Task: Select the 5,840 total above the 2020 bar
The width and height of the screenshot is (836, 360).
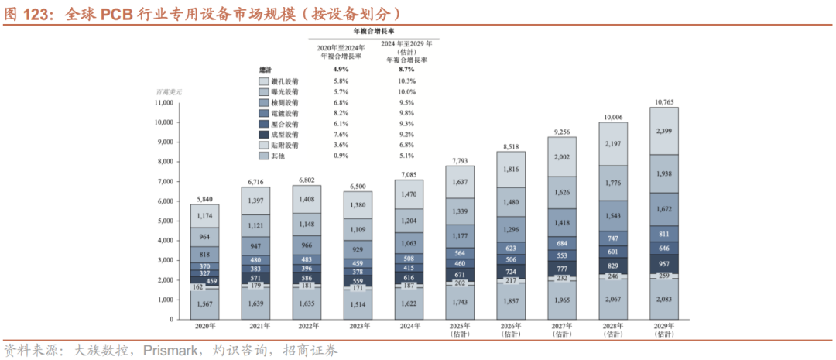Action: coord(205,199)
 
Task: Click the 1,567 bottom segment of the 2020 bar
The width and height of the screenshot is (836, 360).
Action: coord(205,304)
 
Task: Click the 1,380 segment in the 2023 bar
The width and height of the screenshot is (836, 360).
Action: coord(358,205)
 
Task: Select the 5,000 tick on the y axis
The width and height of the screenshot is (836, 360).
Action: coord(165,221)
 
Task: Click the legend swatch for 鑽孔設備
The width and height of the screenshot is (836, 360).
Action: coord(263,81)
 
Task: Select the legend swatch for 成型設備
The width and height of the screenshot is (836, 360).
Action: coord(263,135)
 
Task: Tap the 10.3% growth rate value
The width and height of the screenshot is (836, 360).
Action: coord(406,81)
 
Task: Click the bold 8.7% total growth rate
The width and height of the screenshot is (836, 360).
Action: coord(406,70)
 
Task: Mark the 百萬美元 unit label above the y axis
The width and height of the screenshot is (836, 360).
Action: coord(168,91)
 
